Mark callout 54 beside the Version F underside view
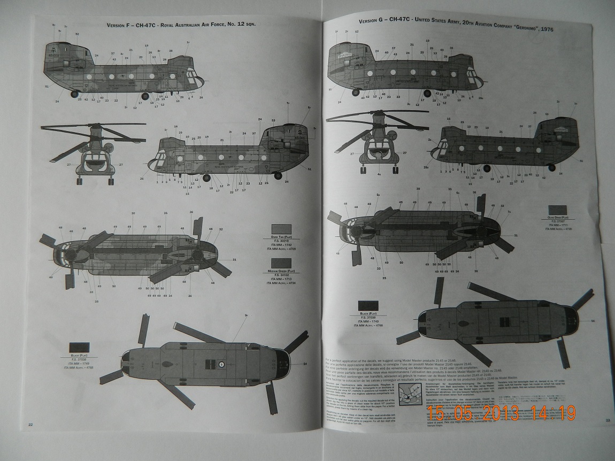305,364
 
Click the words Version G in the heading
371,20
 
